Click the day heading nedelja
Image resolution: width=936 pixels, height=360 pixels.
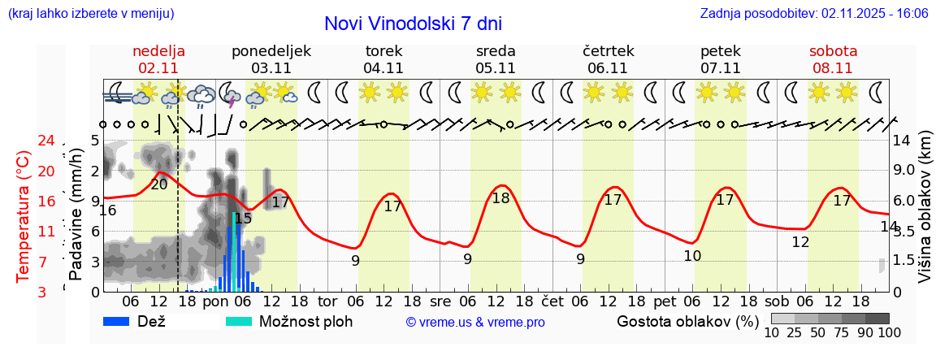158,51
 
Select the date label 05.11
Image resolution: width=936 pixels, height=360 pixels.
496,68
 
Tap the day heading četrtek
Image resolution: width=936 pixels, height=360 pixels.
608,51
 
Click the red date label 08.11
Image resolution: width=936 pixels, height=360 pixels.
833,68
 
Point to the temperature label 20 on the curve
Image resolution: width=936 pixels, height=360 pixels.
159,184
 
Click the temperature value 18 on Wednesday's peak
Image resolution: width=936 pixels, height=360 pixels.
500,198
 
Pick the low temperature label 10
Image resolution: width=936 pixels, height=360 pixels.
692,256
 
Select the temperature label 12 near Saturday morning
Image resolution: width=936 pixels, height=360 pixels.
800,242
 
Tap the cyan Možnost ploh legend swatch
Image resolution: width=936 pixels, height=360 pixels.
239,321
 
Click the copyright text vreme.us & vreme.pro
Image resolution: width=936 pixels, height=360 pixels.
475,323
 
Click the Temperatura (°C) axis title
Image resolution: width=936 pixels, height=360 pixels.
24,215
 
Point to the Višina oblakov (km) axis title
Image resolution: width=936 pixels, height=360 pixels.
925,215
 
